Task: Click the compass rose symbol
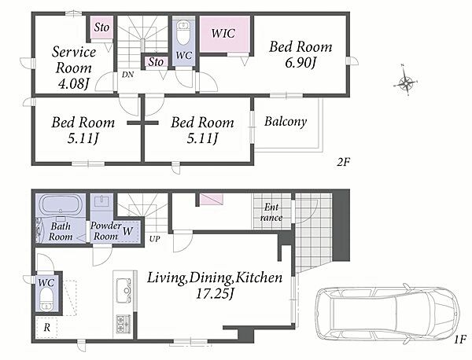406,82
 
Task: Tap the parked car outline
388,313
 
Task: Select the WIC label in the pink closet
223,33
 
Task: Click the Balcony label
286,121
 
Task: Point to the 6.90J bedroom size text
301,63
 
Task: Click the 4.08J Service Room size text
73,83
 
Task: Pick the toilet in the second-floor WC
183,33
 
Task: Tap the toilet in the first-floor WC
46,299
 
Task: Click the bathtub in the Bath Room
61,204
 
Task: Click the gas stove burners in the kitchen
124,324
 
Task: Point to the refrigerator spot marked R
46,327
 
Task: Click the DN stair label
128,75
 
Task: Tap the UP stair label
154,239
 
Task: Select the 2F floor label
343,162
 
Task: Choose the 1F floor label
460,340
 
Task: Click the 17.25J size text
215,293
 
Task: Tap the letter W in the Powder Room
127,231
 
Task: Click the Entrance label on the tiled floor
271,212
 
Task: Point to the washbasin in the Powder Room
101,200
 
